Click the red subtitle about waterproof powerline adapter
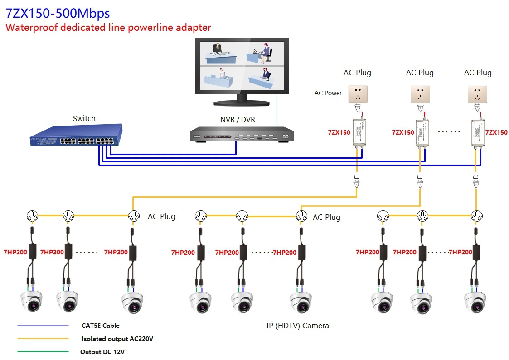(x=108, y=28)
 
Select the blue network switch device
(x=75, y=136)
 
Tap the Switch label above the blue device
(x=84, y=118)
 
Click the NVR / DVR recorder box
(x=242, y=135)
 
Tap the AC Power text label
(x=328, y=93)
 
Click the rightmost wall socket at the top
(x=477, y=94)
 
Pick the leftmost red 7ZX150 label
(x=339, y=132)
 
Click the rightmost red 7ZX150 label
(x=496, y=132)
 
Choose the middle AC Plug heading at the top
(x=420, y=73)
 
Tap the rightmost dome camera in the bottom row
(x=475, y=302)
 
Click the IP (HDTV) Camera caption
(x=298, y=326)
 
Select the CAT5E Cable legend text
(x=101, y=326)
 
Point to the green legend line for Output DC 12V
(x=43, y=351)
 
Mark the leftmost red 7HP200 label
(x=15, y=252)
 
